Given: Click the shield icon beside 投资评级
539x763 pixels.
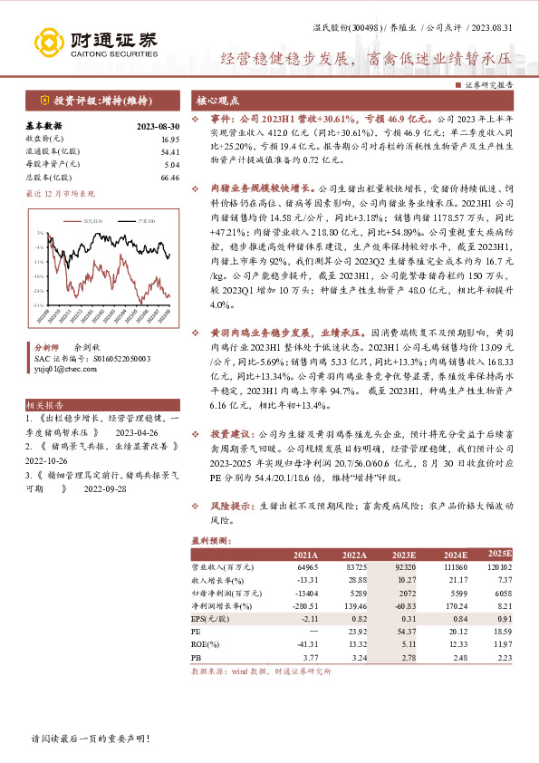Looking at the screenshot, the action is tap(45, 100).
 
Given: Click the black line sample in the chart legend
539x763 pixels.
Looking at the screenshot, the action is tap(88, 219).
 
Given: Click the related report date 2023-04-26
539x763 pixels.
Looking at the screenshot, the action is tap(140, 431).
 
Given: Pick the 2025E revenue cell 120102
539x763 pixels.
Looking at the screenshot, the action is tap(499, 565).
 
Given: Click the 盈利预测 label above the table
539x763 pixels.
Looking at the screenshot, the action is tap(207, 540).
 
